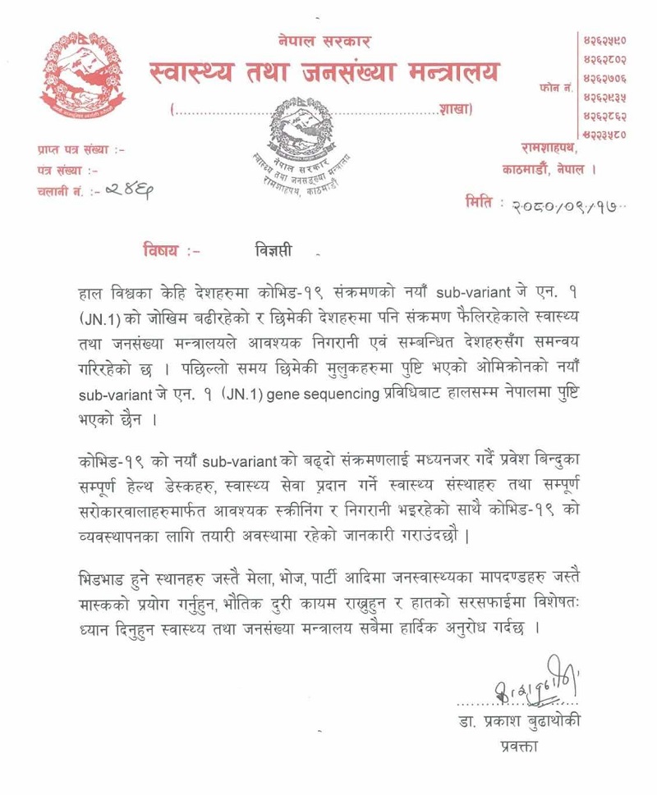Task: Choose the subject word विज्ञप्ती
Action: click(x=271, y=246)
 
